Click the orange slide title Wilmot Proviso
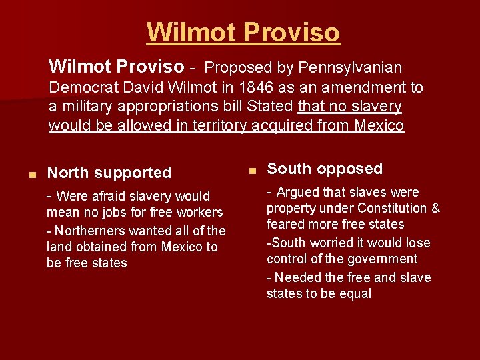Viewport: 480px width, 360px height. pos(243,32)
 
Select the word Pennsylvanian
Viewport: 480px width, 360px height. pos(351,67)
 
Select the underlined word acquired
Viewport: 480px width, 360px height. pos(275,126)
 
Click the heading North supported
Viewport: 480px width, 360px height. pos(109,173)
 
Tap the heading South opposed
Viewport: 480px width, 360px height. pos(325,169)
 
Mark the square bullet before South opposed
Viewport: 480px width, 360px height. pos(252,171)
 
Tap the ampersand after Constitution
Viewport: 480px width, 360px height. pos(435,208)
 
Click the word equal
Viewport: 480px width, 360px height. pos(355,294)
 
